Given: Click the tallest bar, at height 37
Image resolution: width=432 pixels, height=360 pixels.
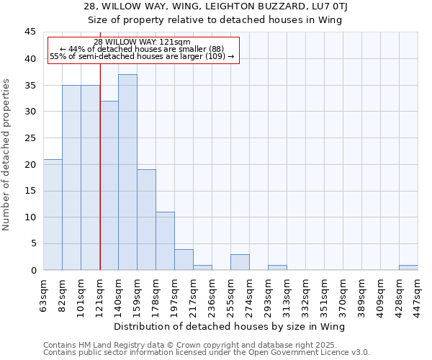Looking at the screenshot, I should [x=127, y=173].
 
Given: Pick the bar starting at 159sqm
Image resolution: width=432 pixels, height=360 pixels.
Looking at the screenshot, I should [x=146, y=220].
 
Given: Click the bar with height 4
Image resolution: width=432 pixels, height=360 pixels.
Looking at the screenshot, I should [x=184, y=259].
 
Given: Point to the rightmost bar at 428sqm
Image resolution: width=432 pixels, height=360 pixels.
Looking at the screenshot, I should [x=408, y=267].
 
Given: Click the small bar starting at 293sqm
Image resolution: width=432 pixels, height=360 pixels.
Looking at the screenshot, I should [x=277, y=267].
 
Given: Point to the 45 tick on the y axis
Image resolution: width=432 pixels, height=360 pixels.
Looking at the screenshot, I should [x=30, y=32].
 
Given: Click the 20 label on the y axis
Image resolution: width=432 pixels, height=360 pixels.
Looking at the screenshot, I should [x=30, y=164].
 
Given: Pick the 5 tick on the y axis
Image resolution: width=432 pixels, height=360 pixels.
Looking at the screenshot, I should [x=32, y=244].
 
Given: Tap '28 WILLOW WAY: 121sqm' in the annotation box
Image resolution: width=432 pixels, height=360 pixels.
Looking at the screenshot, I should [x=142, y=42].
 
